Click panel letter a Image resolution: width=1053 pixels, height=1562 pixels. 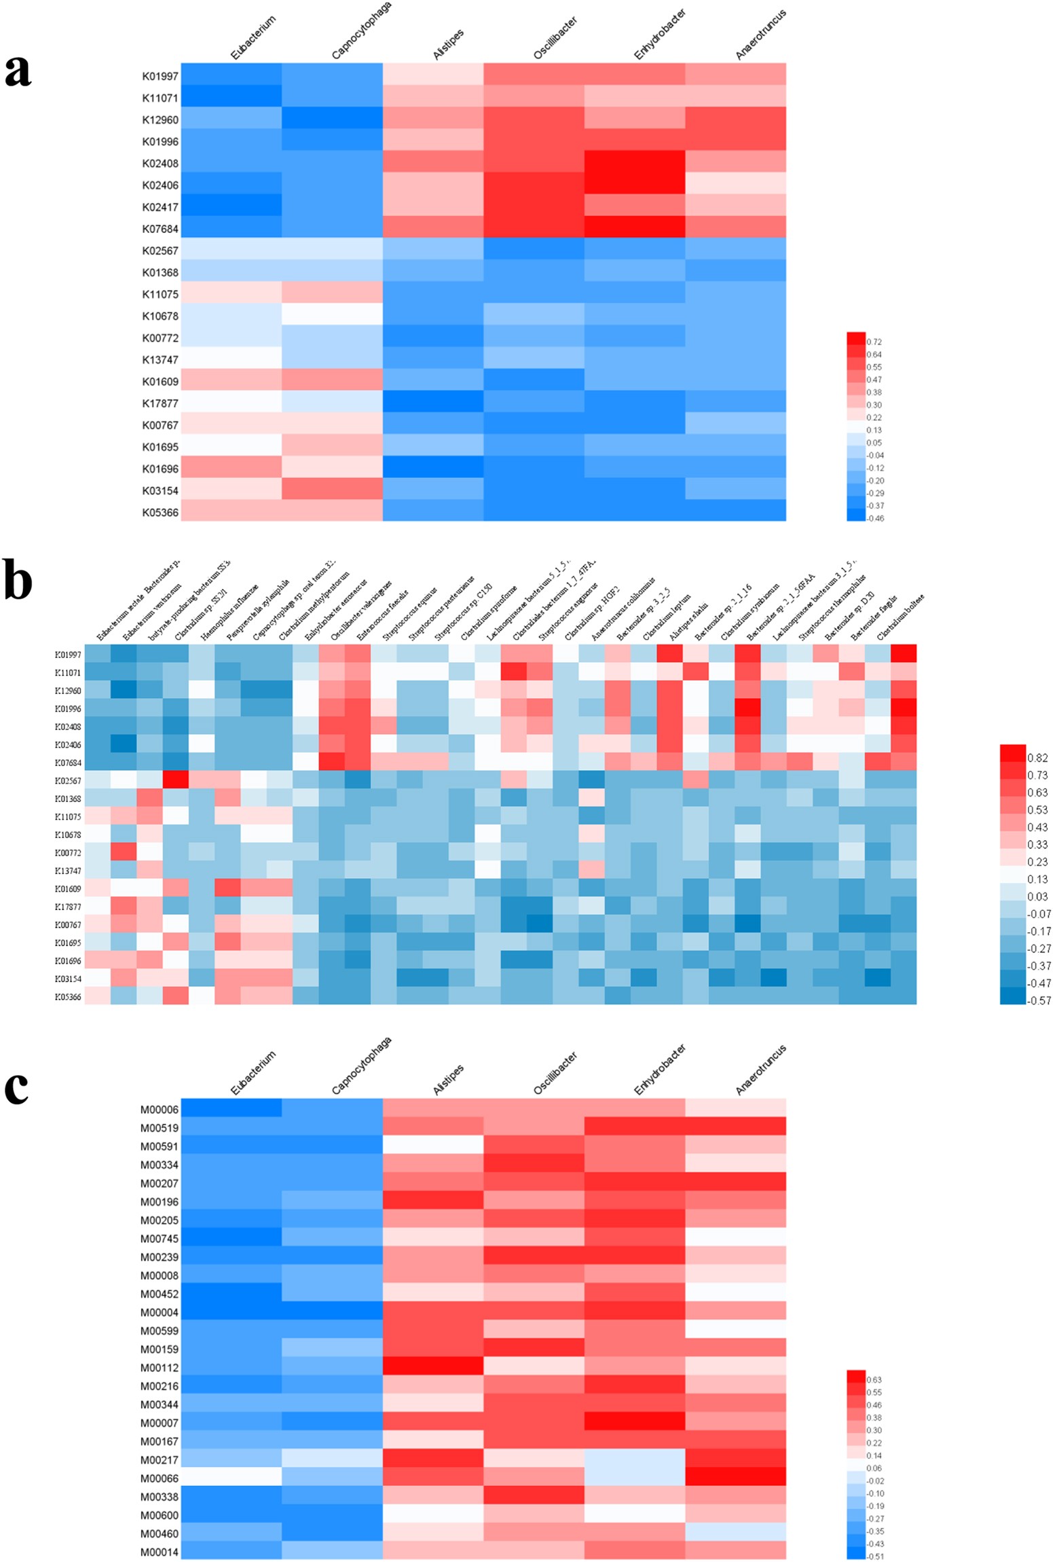[18, 71]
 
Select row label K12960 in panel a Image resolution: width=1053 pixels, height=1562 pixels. [160, 120]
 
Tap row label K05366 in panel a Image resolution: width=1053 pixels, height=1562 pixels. [160, 512]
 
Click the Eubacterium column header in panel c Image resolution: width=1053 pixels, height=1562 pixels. [253, 1073]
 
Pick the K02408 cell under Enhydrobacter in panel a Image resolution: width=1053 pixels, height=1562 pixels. [634, 163]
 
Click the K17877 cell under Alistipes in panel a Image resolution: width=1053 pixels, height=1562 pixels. [432, 403]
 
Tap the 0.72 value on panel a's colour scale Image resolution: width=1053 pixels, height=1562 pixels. [874, 342]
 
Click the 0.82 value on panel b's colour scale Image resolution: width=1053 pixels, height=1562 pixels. [1037, 758]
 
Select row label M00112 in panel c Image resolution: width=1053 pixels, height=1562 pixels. [160, 1367]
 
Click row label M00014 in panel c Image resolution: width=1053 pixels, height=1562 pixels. [160, 1551]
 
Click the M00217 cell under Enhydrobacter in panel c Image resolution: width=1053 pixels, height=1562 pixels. [634, 1458]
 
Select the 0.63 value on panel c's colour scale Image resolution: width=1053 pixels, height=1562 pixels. [874, 1379]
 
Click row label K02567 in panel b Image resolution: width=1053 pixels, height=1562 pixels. [69, 781]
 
